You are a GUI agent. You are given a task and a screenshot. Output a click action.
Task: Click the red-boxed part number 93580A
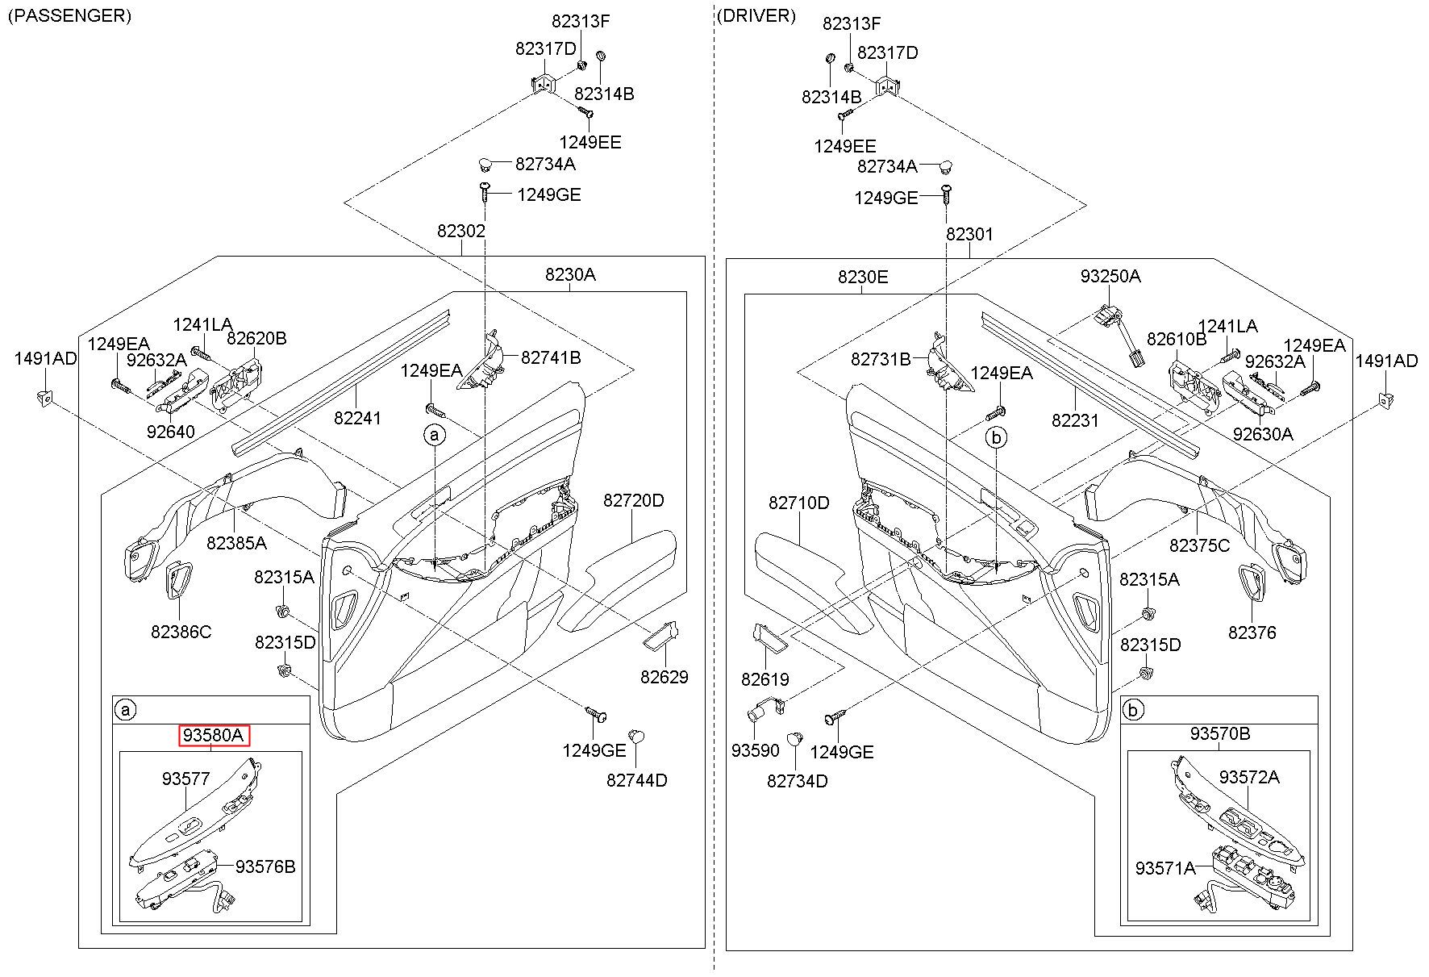point(214,735)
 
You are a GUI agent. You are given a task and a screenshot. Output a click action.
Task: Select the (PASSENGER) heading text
point(69,16)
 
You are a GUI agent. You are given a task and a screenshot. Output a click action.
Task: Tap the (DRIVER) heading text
point(756,16)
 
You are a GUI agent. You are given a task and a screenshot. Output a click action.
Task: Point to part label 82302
point(461,232)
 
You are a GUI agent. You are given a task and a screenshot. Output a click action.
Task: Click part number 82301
point(970,234)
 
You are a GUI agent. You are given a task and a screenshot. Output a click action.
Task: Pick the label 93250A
point(1110,276)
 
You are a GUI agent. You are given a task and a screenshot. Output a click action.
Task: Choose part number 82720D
point(634,500)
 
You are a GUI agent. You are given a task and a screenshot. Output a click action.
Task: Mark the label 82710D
point(798,503)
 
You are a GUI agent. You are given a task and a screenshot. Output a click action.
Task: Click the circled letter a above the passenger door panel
point(435,436)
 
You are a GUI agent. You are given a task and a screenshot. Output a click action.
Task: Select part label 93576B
point(265,866)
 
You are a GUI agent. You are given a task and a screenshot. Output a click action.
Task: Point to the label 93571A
point(1165,868)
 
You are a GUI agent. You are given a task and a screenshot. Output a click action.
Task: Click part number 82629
point(665,677)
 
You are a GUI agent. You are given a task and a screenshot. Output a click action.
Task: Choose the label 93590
point(756,750)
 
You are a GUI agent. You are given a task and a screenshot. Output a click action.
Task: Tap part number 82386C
point(181,632)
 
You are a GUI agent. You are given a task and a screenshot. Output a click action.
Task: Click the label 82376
point(1252,633)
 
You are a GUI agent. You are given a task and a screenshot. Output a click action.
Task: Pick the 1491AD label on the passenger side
point(46,359)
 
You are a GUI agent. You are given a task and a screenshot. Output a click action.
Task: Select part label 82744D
point(637,780)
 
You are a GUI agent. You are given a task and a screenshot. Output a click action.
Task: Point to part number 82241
point(358,418)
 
